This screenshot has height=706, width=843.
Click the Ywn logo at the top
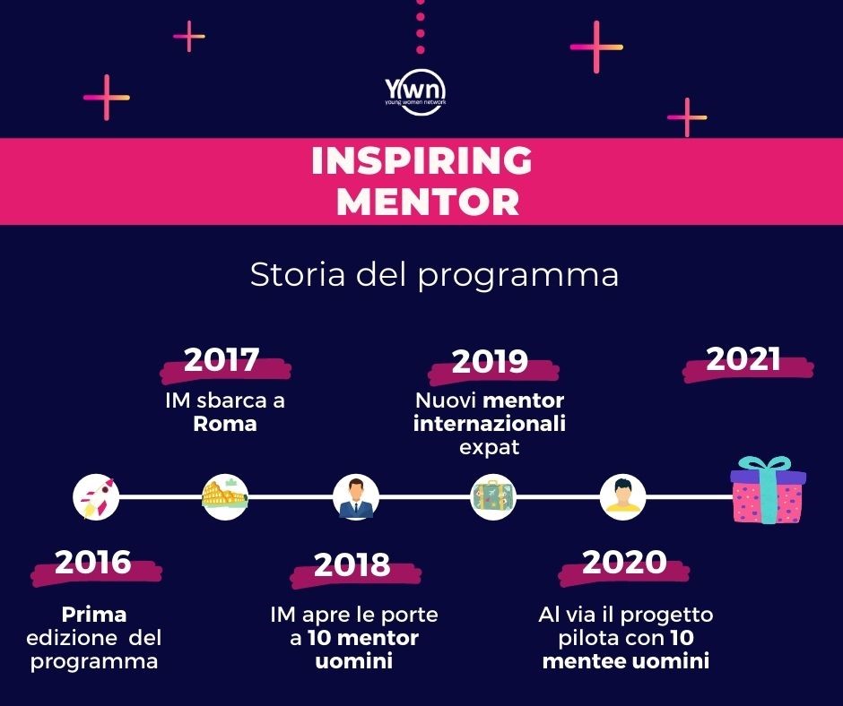415,92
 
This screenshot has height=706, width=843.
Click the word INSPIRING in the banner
422,160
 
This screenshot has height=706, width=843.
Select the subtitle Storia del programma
434,274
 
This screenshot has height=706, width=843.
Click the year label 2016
93,562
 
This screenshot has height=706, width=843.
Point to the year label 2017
222,359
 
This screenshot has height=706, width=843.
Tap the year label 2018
352,564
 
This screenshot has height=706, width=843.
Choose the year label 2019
490,361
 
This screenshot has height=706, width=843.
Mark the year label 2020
624,562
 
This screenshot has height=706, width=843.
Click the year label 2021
743,358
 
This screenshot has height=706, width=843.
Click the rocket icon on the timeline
96,496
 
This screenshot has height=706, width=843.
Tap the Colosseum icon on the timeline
225,496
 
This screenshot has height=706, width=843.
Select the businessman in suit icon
355,496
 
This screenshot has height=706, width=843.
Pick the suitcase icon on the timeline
493,496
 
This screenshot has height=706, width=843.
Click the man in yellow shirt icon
622,496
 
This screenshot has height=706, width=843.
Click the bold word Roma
225,424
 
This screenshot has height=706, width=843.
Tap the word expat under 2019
490,448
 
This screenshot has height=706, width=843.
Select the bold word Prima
94,614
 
